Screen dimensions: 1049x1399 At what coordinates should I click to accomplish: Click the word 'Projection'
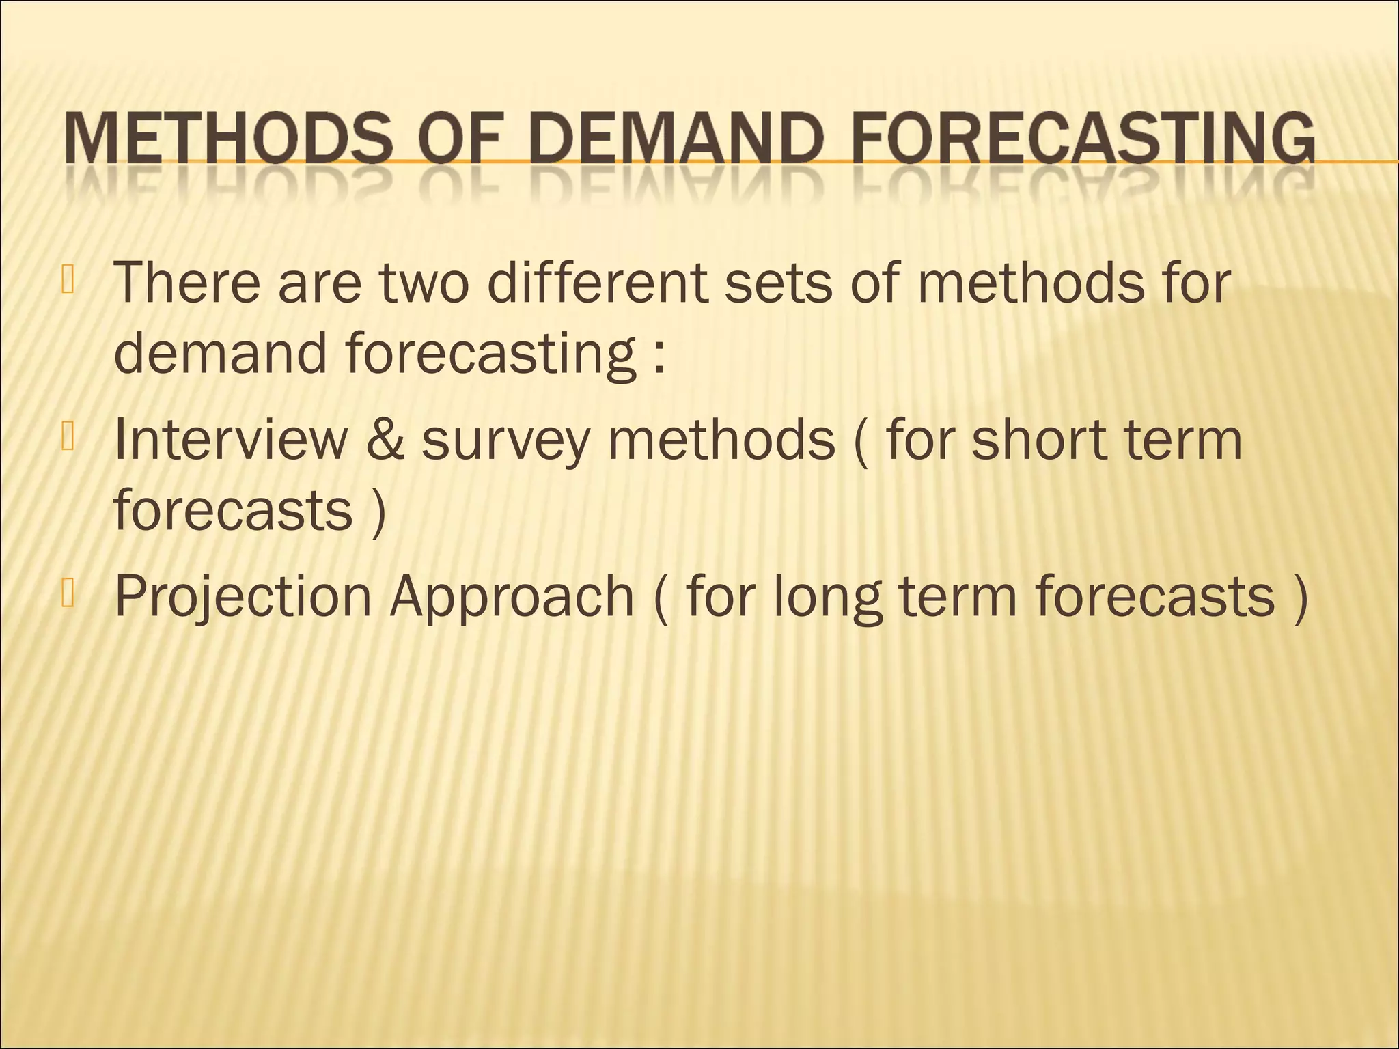243,597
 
